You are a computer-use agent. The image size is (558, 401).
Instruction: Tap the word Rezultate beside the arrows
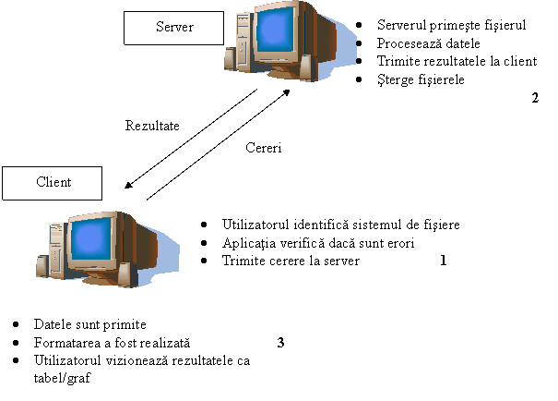tap(152, 126)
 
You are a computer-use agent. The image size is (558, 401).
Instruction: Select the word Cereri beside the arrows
tap(264, 148)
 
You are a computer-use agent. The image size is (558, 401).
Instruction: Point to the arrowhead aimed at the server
tap(286, 92)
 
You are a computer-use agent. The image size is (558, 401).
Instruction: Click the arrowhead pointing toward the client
tap(128, 185)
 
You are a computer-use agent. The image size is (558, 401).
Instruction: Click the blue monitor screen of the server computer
tap(277, 30)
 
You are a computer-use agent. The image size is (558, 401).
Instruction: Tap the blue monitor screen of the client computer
tap(90, 238)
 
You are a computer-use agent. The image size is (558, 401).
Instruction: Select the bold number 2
tap(535, 98)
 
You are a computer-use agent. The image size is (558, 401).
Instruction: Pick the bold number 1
tap(443, 261)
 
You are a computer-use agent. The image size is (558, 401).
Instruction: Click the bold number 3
tap(280, 343)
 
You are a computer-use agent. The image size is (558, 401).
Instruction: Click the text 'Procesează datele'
tap(429, 43)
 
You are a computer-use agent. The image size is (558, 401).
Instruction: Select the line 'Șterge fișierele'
tap(421, 79)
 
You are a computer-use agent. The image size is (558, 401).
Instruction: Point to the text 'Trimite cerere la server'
tap(291, 261)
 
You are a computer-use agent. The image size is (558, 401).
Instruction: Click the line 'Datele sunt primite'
tap(90, 324)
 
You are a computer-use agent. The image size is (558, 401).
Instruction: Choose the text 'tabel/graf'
tap(63, 378)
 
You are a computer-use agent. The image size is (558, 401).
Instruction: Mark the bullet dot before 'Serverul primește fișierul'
tap(359, 25)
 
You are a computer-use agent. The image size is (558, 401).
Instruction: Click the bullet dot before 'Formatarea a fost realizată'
tap(16, 343)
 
